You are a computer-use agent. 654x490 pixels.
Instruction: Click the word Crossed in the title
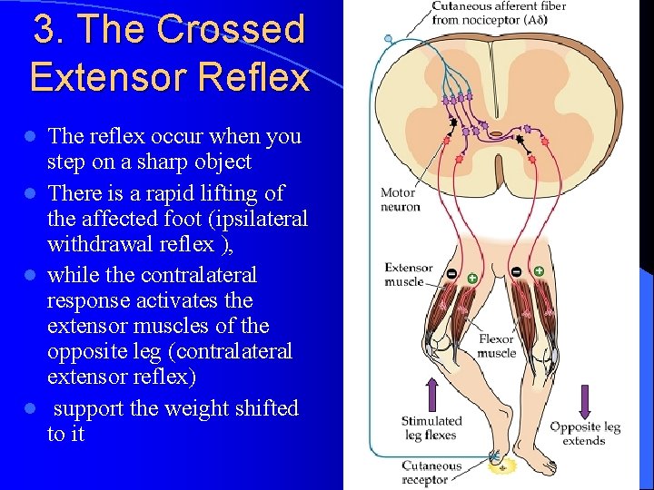(231, 30)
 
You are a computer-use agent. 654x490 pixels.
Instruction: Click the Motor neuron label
(400, 200)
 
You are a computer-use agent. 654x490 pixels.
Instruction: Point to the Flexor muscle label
(497, 346)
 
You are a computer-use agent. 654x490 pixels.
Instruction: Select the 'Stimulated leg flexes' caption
(431, 428)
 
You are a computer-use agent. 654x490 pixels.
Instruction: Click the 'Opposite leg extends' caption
(584, 434)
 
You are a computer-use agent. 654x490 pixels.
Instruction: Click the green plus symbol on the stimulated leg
(472, 278)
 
